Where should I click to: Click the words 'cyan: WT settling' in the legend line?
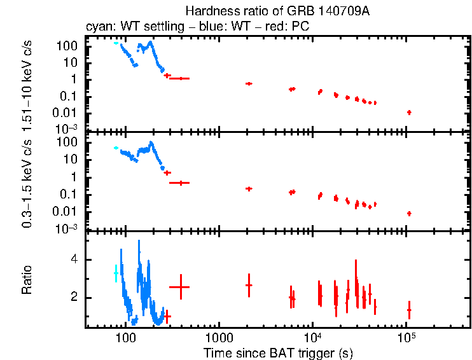[x=126, y=27]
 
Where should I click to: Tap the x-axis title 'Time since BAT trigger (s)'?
[x=278, y=352]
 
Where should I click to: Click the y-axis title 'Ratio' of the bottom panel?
[x=27, y=280]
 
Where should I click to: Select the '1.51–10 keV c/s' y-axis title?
[x=27, y=82]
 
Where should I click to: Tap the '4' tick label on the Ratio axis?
[x=74, y=260]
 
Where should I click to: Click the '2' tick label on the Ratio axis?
[x=74, y=298]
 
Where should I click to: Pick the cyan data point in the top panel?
[x=116, y=43]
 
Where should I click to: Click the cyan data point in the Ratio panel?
[x=116, y=273]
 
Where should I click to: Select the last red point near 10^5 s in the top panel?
[x=409, y=113]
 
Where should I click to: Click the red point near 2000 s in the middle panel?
[x=249, y=188]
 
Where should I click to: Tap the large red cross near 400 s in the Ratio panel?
[x=181, y=287]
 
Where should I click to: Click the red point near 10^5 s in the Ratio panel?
[x=409, y=310]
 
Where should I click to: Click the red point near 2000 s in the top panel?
[x=249, y=83]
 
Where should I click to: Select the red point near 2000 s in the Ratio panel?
[x=249, y=285]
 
